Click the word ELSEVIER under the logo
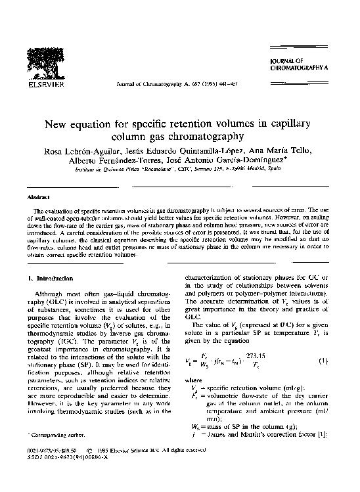45,86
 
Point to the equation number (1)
323,361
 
